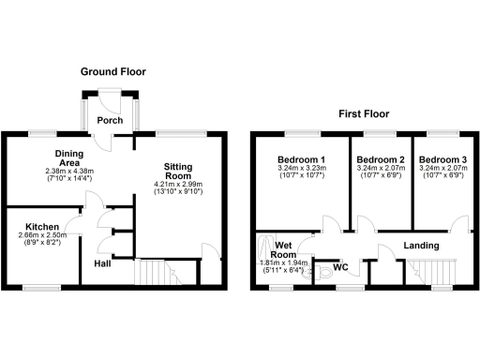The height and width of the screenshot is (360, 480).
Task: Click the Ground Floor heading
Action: (112, 71)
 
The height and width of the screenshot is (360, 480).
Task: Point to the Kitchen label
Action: (43, 227)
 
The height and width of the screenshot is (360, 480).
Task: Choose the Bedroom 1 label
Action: (303, 159)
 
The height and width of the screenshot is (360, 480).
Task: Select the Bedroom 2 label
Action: (381, 159)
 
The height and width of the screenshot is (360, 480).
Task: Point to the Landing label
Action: (421, 247)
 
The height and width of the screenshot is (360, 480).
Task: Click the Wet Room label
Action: (283, 249)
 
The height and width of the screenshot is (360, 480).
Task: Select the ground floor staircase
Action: (156, 273)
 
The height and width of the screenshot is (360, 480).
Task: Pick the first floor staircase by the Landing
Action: (433, 273)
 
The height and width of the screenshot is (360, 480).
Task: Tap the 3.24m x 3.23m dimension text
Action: (303, 169)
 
